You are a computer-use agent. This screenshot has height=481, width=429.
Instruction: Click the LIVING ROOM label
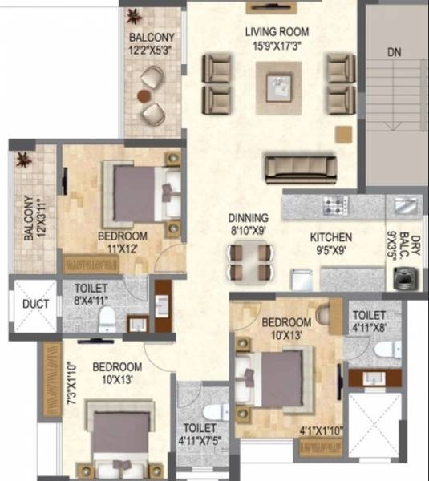point(277,32)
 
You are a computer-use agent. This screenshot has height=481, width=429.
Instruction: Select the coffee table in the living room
point(278,81)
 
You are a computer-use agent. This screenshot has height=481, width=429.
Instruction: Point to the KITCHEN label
point(332,237)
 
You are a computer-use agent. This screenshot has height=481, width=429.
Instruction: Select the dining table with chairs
point(249,260)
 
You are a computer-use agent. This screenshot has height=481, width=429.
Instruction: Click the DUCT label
point(36,305)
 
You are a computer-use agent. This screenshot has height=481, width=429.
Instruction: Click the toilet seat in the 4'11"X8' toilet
point(387,347)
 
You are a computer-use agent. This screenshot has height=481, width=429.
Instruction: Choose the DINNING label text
point(248,217)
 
